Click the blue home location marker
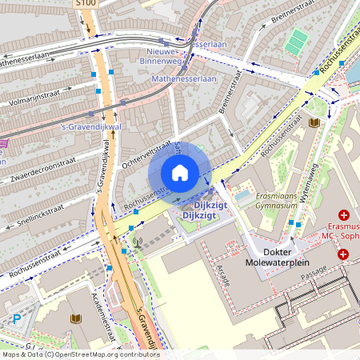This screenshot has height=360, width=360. pyautogui.click(x=180, y=173)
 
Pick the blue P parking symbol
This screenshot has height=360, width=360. pyautogui.click(x=17, y=318)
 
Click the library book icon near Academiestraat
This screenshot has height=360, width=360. pyautogui.click(x=75, y=318)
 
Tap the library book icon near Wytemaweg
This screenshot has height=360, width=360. pyautogui.click(x=314, y=122)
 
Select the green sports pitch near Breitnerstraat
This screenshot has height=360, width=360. pyautogui.click(x=297, y=42)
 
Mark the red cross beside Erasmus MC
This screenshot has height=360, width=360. pyautogui.click(x=344, y=216)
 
